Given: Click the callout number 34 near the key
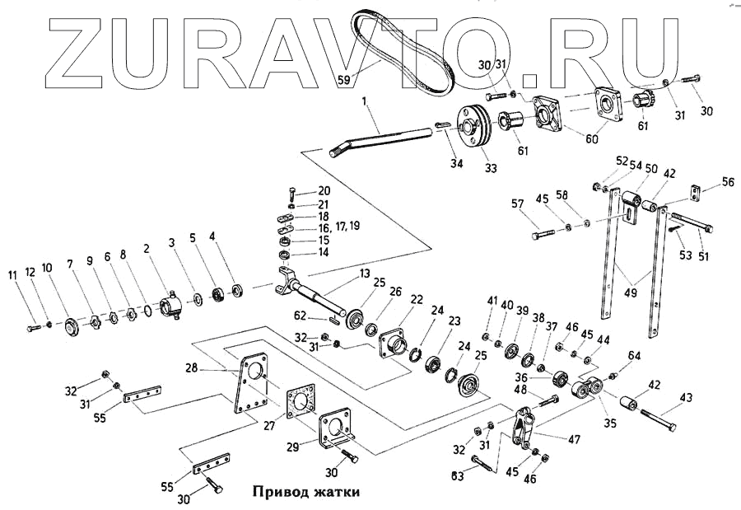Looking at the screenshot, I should pyautogui.click(x=456, y=163).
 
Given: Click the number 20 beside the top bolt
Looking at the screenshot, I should pyautogui.click(x=324, y=190).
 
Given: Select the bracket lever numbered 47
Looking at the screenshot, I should pyautogui.click(x=524, y=425).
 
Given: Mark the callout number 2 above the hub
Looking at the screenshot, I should pyautogui.click(x=146, y=248).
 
